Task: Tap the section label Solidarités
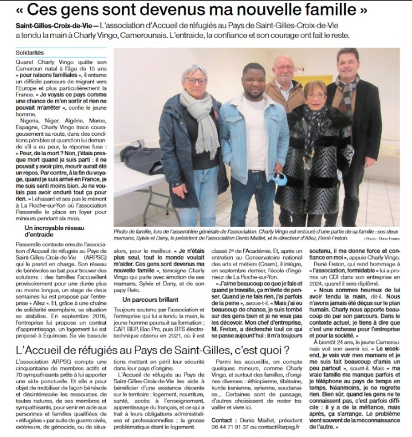[30, 54]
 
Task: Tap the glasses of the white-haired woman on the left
[196, 81]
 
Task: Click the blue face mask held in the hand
[279, 179]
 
